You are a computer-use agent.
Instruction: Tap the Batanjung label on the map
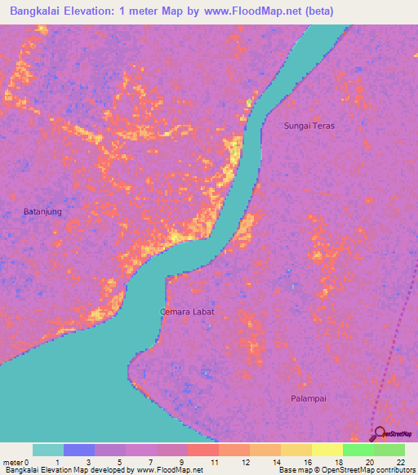[42, 211]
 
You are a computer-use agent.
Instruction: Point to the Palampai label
[309, 398]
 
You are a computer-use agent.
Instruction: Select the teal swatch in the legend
[48, 450]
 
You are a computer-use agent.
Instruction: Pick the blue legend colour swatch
[79, 450]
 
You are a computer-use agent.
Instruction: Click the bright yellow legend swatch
[327, 450]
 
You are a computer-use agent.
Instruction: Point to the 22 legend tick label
[400, 461]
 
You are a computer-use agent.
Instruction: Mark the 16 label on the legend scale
[308, 461]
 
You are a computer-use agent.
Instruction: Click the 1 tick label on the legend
[58, 461]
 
